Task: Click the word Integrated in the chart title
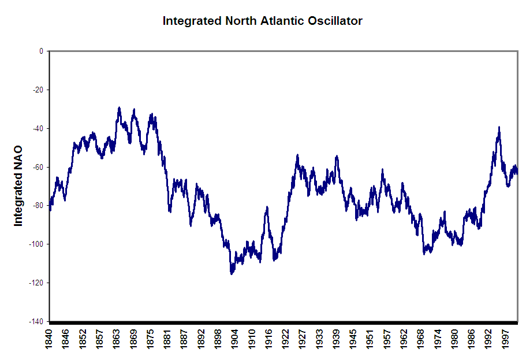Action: coord(191,21)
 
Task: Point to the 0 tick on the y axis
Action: coord(41,51)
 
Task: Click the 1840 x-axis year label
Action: coord(50,340)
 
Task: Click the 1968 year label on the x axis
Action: coord(421,340)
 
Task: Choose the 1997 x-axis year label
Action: coord(505,340)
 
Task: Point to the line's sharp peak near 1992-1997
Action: coord(499,128)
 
